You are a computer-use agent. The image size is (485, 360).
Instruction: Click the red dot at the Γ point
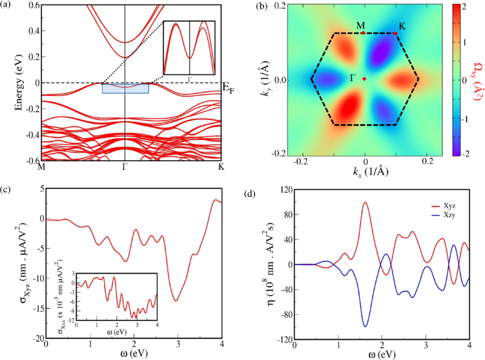(x=365, y=79)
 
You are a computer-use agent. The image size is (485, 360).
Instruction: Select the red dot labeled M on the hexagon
(x=364, y=33)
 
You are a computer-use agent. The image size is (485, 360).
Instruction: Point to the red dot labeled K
(x=395, y=34)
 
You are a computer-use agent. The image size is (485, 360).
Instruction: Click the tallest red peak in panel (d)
(x=365, y=202)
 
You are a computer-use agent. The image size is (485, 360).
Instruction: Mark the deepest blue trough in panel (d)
(x=366, y=326)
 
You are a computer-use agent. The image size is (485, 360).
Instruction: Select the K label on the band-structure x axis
(x=221, y=166)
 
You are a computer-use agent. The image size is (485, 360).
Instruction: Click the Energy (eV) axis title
(x=19, y=82)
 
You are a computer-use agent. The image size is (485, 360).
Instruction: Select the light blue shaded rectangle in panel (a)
(x=125, y=88)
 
